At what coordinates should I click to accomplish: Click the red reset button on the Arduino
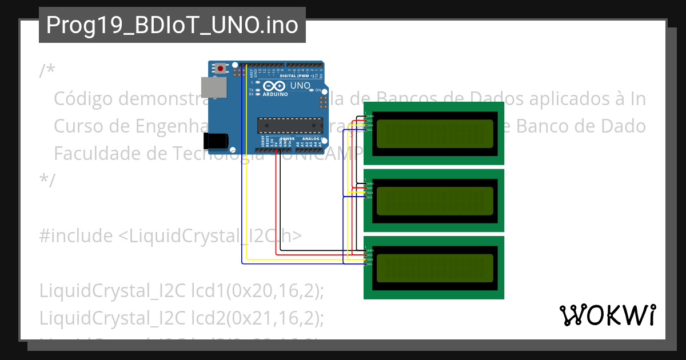coord(221,69)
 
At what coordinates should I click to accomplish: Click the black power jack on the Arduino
coord(217,140)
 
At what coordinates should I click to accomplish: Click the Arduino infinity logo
coord(274,86)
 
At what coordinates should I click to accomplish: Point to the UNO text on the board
coord(300,86)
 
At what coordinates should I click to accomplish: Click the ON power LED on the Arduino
coord(311,90)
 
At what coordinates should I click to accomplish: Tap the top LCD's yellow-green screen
coord(434,133)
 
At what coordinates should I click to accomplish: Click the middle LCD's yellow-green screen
coord(434,200)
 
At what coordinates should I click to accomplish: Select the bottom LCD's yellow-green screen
coord(434,267)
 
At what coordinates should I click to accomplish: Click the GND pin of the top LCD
coord(366,116)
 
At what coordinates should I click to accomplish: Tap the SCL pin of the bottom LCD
coord(366,264)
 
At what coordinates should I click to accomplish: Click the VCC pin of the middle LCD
coord(366,188)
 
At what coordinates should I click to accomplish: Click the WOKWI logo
coord(607,315)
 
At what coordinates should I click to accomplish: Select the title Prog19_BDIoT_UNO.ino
coord(172,25)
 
